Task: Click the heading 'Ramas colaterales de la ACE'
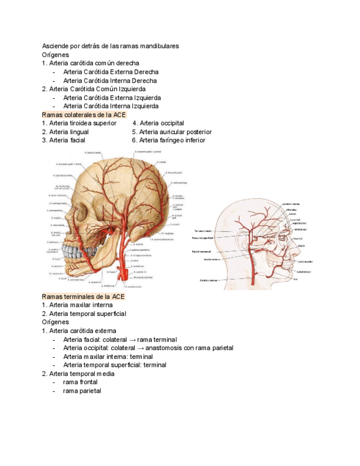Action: coord(84,115)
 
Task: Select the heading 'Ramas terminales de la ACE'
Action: coord(84,297)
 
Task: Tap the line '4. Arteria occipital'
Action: coord(158,123)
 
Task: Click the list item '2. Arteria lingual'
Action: coord(65,132)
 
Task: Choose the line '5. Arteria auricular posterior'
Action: coord(172,132)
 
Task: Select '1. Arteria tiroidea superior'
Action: coord(79,123)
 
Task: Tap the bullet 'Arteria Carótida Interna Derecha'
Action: coord(110,80)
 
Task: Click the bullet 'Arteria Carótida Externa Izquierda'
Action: coord(112,97)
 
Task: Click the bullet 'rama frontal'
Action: coord(80,382)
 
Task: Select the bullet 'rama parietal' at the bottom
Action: coord(82,391)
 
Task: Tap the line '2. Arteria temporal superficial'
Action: coord(84,314)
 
